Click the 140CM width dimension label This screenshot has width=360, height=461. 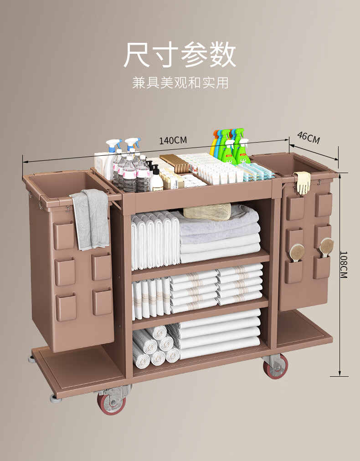173,140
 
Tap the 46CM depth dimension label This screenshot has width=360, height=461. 309,137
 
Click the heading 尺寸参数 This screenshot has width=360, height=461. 180,55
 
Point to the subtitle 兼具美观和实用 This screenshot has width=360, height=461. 180,82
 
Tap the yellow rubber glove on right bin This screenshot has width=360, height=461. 303,182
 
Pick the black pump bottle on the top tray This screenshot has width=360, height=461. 156,179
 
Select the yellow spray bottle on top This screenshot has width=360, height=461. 215,144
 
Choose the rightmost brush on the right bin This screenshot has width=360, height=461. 326,247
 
